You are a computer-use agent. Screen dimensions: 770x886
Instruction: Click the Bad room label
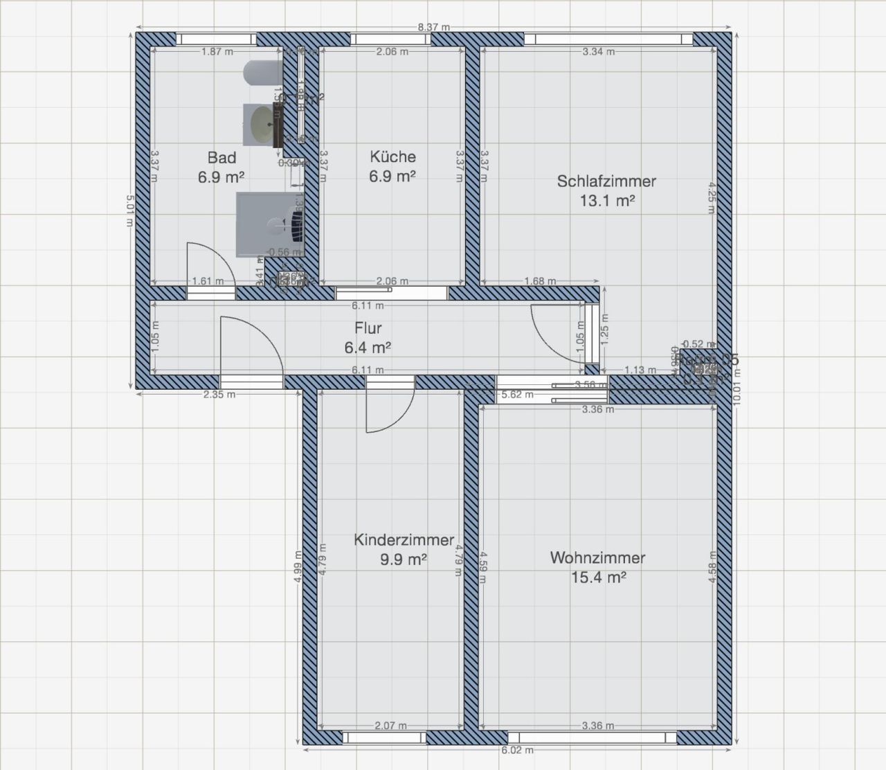pos(221,158)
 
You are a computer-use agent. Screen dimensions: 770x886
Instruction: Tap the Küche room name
pos(392,156)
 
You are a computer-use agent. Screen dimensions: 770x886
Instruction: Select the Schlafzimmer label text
pos(606,181)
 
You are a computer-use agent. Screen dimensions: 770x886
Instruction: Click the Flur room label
pos(368,328)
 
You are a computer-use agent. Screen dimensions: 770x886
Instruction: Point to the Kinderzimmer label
pos(404,540)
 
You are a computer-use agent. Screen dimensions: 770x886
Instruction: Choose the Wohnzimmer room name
pos(597,557)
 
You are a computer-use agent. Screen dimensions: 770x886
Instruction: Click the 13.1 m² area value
pos(606,201)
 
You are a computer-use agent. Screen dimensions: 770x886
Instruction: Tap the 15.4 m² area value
pos(598,577)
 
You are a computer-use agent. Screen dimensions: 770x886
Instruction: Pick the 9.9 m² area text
pos(404,559)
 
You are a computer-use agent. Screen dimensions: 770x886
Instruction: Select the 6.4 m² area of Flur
pos(368,347)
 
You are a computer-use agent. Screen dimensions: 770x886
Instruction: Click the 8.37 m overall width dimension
pos(434,28)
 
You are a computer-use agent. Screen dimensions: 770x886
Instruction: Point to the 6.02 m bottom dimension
pos(517,750)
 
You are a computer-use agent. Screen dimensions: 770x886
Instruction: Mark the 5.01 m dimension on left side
pos(129,211)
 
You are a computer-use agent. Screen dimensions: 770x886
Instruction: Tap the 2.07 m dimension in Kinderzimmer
pos(390,726)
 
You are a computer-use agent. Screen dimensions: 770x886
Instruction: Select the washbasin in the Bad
pos(262,123)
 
